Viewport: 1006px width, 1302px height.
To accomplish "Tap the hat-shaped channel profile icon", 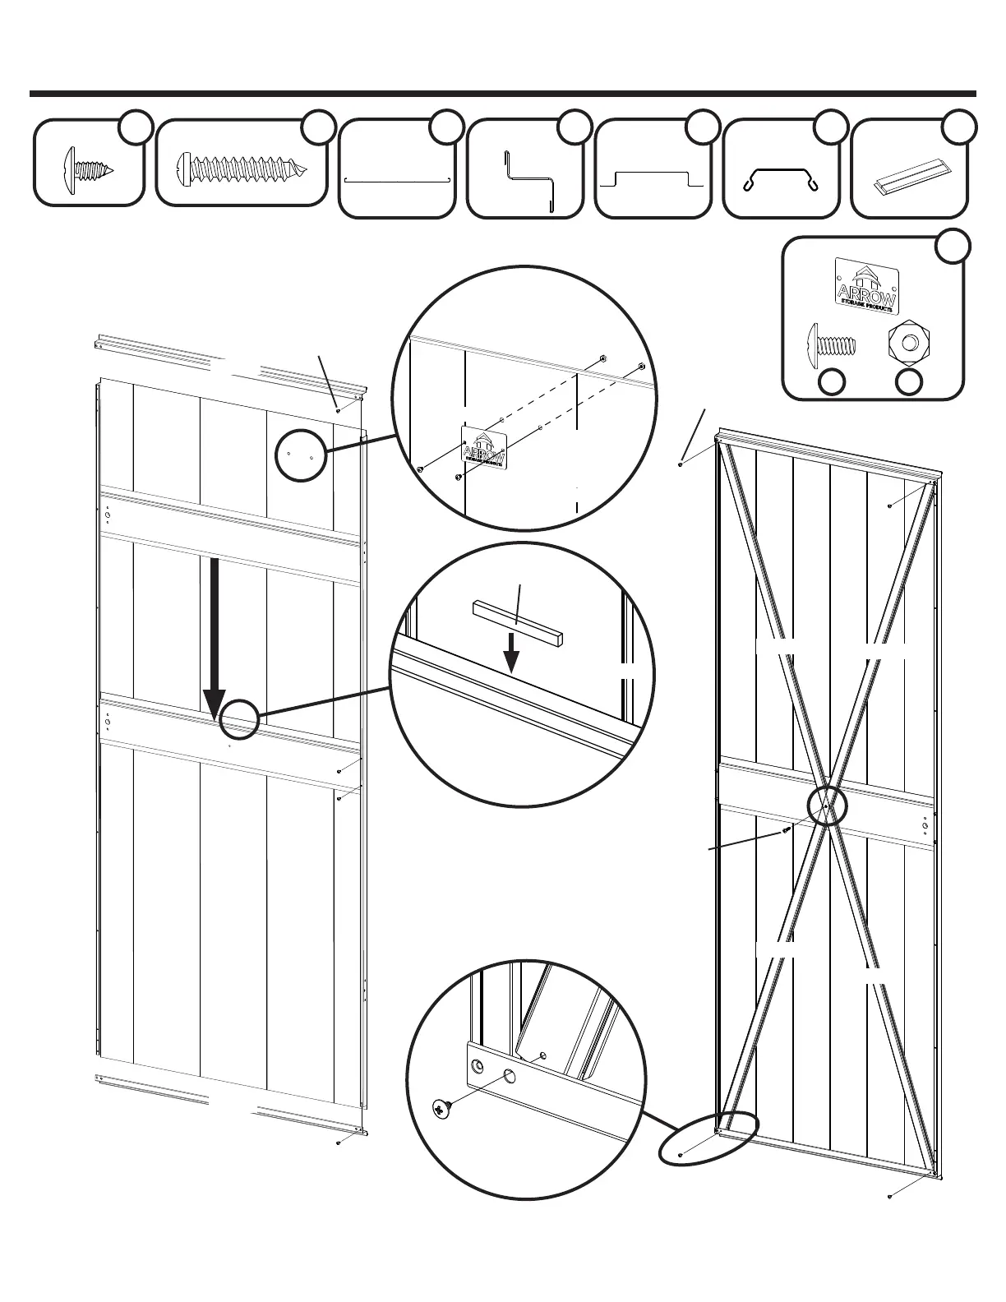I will point(653,180).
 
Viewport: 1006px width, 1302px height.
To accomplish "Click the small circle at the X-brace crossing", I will point(826,807).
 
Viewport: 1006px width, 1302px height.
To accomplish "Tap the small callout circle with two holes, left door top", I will point(300,455).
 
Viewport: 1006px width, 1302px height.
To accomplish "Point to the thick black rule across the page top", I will point(503,94).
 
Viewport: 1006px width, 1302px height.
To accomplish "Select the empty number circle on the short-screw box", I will point(136,127).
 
